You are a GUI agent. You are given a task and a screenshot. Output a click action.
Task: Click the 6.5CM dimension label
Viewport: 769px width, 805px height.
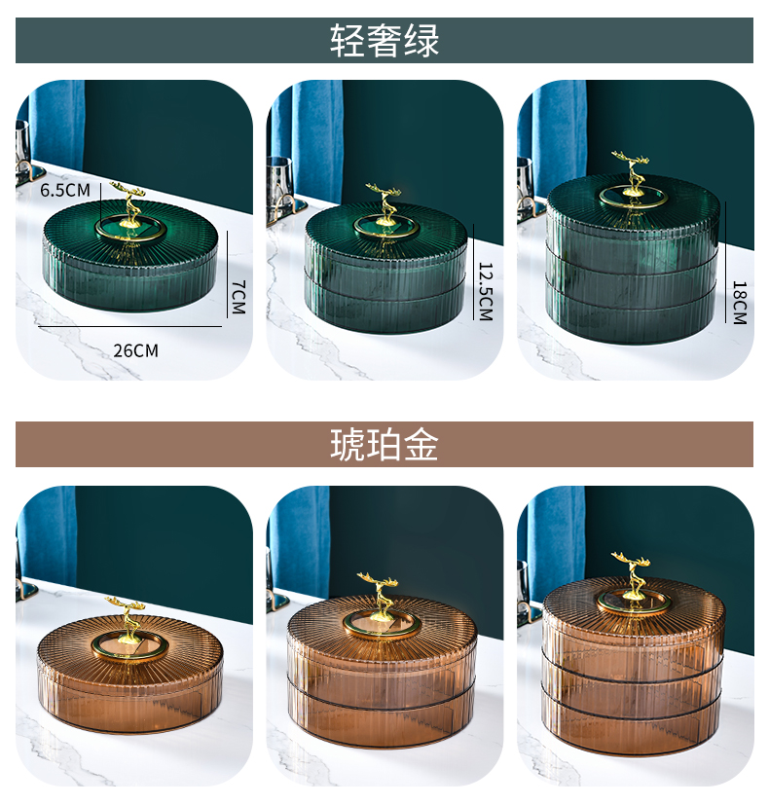click(x=65, y=190)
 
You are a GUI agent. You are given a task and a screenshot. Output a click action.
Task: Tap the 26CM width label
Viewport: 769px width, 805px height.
click(x=135, y=350)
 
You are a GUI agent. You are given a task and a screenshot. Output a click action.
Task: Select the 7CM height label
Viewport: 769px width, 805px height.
click(x=238, y=297)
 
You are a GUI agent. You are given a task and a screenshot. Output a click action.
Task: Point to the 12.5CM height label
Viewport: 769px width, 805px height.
click(x=486, y=291)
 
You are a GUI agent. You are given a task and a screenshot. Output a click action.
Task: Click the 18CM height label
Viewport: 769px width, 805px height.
click(x=739, y=303)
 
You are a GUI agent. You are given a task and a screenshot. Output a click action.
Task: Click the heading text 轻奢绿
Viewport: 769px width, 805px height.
click(x=384, y=41)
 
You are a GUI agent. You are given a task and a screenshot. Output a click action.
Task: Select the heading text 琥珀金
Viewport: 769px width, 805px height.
click(x=384, y=445)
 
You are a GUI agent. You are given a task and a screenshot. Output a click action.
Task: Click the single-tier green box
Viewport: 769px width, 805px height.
click(x=129, y=256)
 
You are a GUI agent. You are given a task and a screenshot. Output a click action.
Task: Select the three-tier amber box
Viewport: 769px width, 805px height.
click(x=633, y=662)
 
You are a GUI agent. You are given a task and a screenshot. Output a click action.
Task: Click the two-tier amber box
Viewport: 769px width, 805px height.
click(x=382, y=668)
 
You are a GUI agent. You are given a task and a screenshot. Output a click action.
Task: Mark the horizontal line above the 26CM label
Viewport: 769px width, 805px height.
click(x=130, y=326)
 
